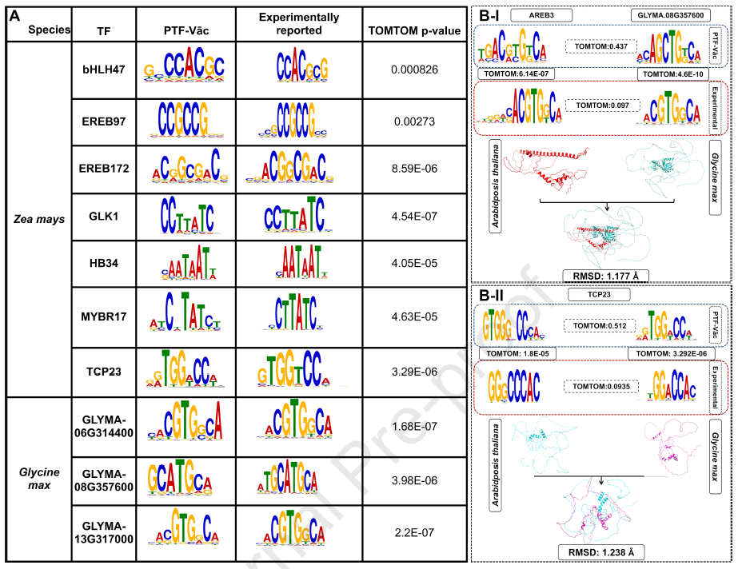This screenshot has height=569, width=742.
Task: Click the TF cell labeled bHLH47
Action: click(104, 70)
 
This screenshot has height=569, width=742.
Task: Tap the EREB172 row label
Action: click(104, 169)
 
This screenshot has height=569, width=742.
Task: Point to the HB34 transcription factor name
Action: click(104, 266)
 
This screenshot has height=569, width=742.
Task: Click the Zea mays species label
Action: click(38, 217)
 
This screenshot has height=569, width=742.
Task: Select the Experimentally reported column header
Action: click(299, 24)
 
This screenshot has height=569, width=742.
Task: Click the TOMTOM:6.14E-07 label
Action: click(517, 74)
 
